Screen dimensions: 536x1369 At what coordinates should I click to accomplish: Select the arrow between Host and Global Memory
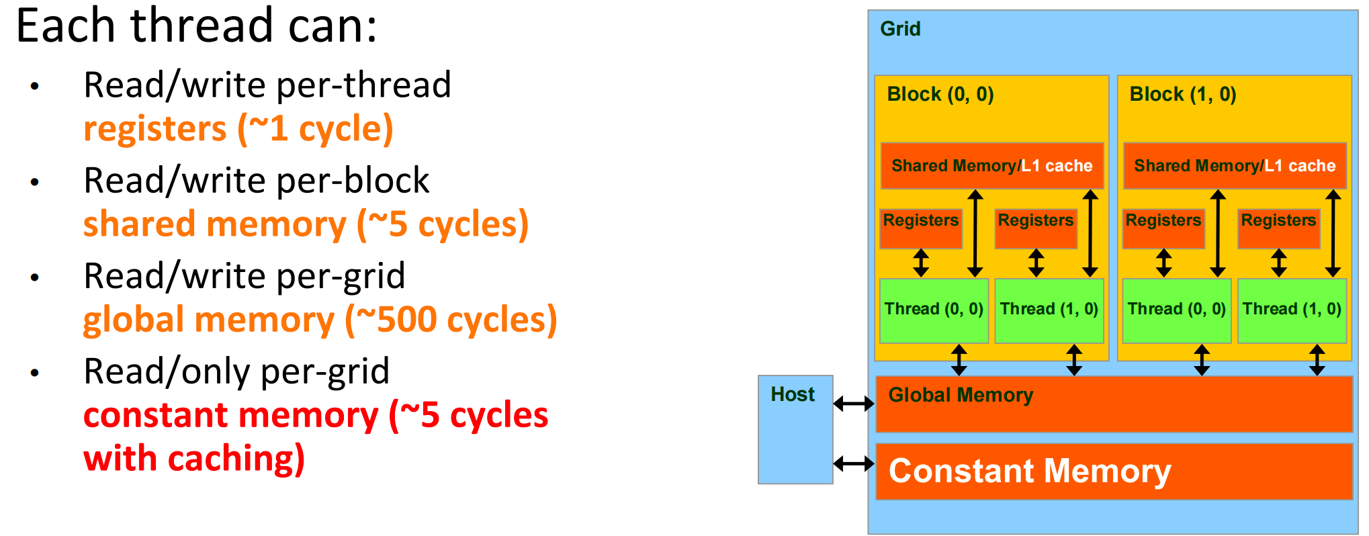pos(854,404)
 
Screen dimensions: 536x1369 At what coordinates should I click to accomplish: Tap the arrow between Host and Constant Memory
pos(854,463)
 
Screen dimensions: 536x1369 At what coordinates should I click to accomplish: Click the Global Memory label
pos(961,395)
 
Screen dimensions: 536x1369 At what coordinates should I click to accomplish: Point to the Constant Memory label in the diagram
pos(1029,471)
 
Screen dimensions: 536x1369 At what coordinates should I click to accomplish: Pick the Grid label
pos(900,29)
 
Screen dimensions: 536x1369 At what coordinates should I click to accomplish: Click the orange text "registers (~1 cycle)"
pos(238,128)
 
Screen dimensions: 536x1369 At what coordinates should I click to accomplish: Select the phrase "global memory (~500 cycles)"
pos(320,320)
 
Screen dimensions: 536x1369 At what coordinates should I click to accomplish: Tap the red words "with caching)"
pos(194,459)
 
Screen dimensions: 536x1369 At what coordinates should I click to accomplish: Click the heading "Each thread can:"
pos(196,26)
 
